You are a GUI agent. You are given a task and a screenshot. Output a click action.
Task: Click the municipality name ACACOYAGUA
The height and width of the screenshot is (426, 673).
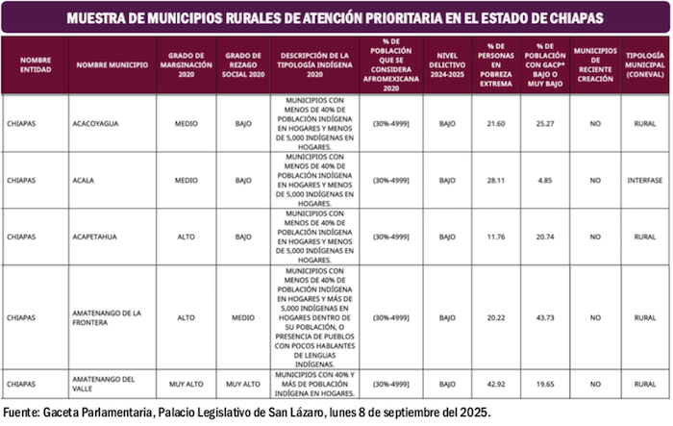click(x=96, y=123)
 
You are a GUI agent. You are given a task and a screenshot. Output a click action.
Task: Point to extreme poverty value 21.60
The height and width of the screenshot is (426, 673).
click(x=496, y=123)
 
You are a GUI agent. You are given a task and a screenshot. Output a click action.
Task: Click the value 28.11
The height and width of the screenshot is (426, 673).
click(x=496, y=180)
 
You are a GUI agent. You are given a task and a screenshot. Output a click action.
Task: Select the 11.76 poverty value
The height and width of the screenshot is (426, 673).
click(x=496, y=237)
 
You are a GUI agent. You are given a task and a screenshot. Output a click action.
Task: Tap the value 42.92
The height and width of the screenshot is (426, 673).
click(x=496, y=384)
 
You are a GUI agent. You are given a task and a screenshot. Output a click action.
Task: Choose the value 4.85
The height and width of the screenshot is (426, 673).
click(x=545, y=180)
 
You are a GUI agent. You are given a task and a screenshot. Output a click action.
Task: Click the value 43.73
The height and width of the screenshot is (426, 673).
click(x=545, y=317)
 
